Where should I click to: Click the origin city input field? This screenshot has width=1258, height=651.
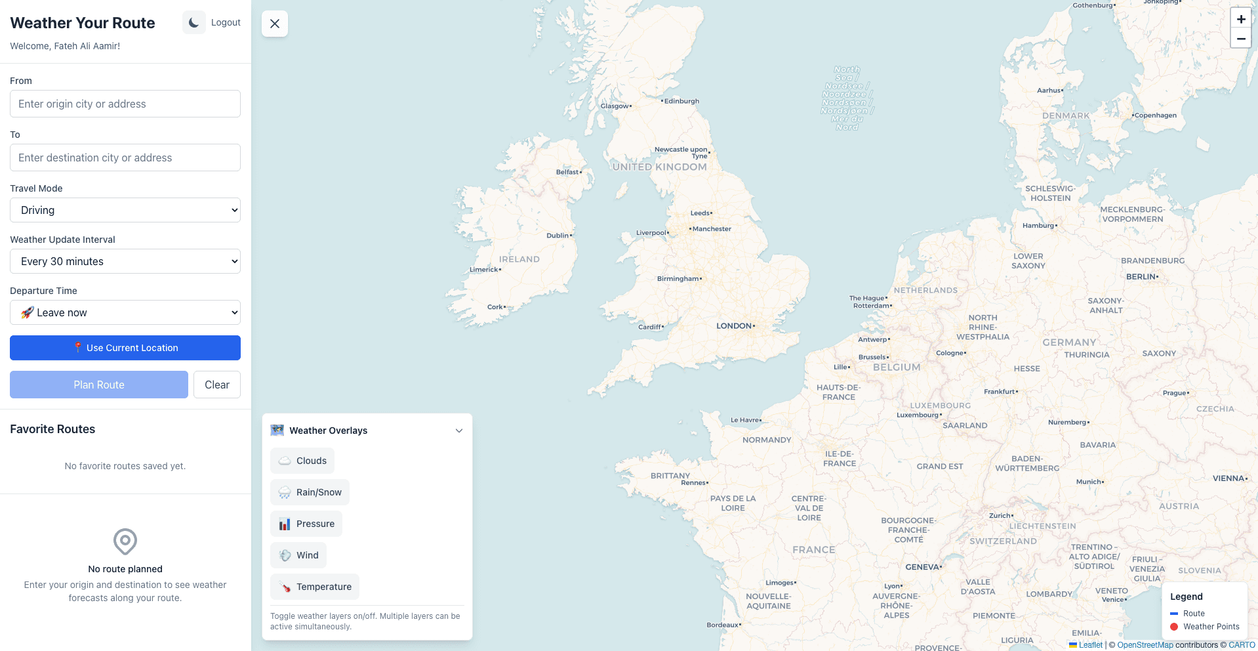125,104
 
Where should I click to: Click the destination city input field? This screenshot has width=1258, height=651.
125,157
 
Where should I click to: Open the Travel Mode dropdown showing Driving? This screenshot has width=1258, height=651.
125,210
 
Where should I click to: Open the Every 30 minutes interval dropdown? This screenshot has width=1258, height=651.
125,261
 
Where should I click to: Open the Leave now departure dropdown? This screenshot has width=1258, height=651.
125,312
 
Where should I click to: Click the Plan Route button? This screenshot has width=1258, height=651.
99,385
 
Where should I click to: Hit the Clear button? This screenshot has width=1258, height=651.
217,385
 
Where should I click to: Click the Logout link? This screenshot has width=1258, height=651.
226,22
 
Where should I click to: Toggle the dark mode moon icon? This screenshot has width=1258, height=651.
193,22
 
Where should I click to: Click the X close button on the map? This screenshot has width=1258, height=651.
275,24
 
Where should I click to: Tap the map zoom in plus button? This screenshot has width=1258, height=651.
1240,19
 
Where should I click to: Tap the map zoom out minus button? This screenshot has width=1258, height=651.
1240,39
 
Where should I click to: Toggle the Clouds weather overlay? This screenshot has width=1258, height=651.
302,461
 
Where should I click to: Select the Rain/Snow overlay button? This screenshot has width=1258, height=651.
310,492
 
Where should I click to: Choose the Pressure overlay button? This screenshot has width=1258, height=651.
306,524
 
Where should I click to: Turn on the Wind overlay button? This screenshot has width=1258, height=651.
298,555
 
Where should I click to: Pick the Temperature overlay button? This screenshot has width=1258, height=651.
315,587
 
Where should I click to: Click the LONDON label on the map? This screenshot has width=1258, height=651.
734,325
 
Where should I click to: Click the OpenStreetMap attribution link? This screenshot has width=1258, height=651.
1145,645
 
